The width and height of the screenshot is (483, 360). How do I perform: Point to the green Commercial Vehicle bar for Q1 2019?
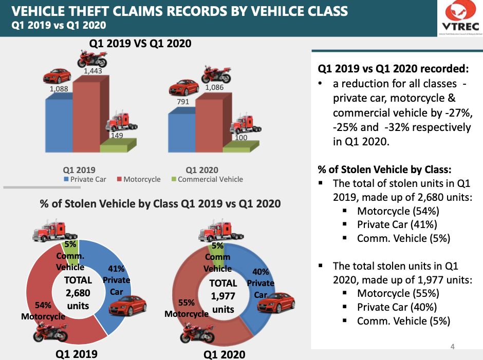[x=113, y=148]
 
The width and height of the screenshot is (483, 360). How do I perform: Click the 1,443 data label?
[x=92, y=71]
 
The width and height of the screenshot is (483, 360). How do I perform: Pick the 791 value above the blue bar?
[x=183, y=102]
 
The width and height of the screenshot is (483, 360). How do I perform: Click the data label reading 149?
[x=118, y=136]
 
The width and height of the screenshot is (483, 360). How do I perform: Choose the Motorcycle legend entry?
[x=139, y=180]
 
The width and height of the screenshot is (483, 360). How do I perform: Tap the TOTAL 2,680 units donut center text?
[x=78, y=293]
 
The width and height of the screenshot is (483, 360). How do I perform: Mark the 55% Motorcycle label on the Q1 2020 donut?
[x=186, y=309]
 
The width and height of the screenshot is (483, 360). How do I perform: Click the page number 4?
[x=452, y=347]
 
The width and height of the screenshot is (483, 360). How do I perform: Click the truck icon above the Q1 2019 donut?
[x=50, y=231]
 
